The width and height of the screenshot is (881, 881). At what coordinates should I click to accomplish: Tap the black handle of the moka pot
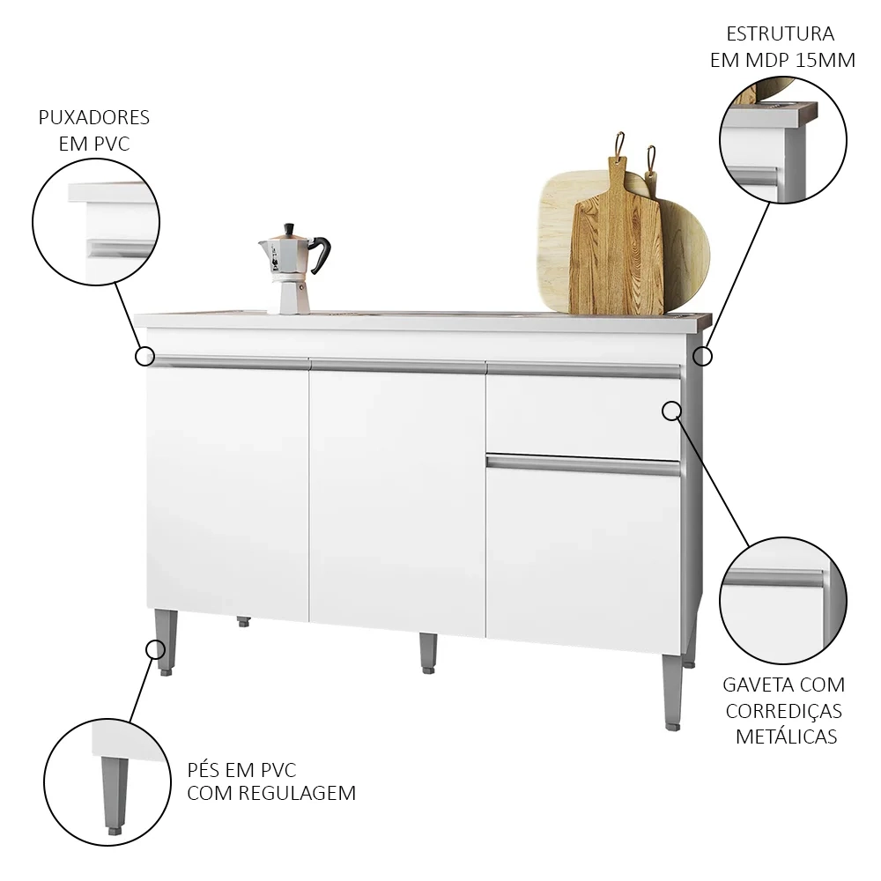click(321, 255)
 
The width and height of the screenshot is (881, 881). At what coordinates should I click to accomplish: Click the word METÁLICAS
click(786, 737)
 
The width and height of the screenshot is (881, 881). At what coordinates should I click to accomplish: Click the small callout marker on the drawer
click(671, 410)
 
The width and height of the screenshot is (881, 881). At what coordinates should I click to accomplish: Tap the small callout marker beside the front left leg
click(155, 650)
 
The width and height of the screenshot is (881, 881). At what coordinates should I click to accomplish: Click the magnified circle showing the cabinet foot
click(107, 782)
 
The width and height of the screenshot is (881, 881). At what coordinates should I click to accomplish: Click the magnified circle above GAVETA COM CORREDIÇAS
click(783, 601)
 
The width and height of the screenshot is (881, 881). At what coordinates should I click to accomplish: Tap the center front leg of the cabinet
click(427, 652)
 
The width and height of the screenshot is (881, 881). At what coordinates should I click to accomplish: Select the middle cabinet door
click(397, 498)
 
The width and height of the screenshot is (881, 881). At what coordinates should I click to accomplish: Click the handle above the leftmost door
click(227, 361)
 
